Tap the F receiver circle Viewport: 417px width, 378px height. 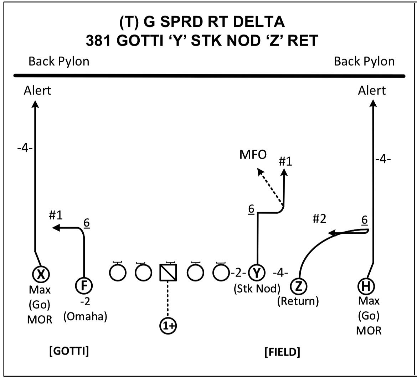84,285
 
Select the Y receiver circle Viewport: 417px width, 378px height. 256,273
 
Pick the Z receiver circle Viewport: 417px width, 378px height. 299,285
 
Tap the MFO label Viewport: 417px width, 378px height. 252,156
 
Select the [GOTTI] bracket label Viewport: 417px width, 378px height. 69,351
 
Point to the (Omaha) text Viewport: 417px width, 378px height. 85,317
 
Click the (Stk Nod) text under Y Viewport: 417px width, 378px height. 256,289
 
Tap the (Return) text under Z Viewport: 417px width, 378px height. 298,301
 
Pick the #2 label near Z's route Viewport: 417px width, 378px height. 319,219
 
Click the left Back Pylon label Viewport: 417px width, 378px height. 59,61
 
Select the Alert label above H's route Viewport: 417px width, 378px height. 372,90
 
